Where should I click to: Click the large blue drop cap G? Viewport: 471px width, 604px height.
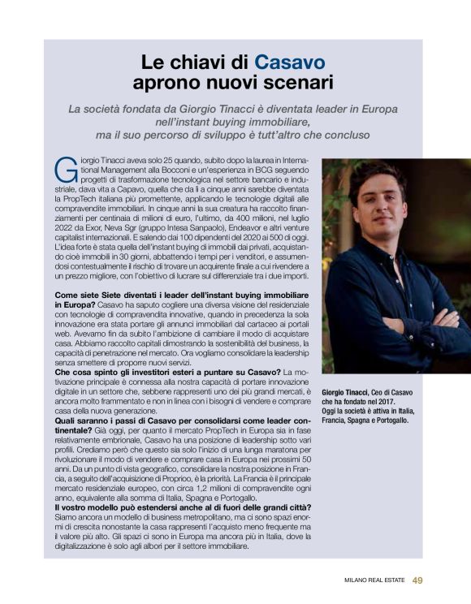[65, 168]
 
